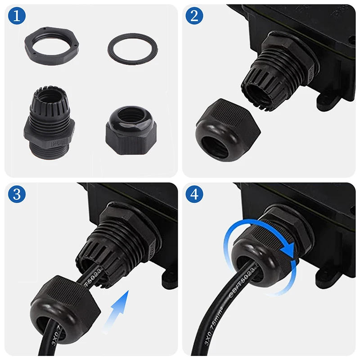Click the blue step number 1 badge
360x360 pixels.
pyautogui.click(x=17, y=17)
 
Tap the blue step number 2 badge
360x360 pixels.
pyautogui.click(x=194, y=17)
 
